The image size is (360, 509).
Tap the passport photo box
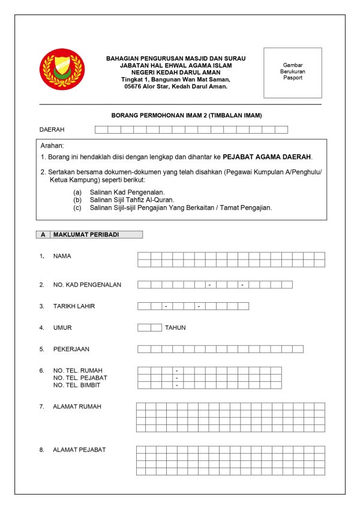pyautogui.click(x=293, y=73)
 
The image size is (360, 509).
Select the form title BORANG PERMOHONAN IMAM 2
pyautogui.click(x=187, y=115)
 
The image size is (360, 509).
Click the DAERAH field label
pyautogui.click(x=52, y=129)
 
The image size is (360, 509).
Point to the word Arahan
pyautogui.click(x=52, y=146)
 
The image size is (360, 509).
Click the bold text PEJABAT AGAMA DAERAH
pyautogui.click(x=267, y=157)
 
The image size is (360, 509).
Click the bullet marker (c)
pyautogui.click(x=77, y=207)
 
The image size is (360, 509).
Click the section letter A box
pyautogui.click(x=43, y=235)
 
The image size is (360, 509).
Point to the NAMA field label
pyautogui.click(x=62, y=256)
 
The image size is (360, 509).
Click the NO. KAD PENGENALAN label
pyautogui.click(x=87, y=285)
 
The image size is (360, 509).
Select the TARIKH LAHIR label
pyautogui.click(x=74, y=306)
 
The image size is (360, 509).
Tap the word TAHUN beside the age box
pyautogui.click(x=175, y=328)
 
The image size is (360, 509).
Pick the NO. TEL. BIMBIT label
pyautogui.click(x=79, y=385)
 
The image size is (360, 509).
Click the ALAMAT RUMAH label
pyautogui.click(x=77, y=406)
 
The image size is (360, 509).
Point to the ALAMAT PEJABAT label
pyautogui.click(x=79, y=450)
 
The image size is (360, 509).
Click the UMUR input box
pyautogui.click(x=149, y=327)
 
